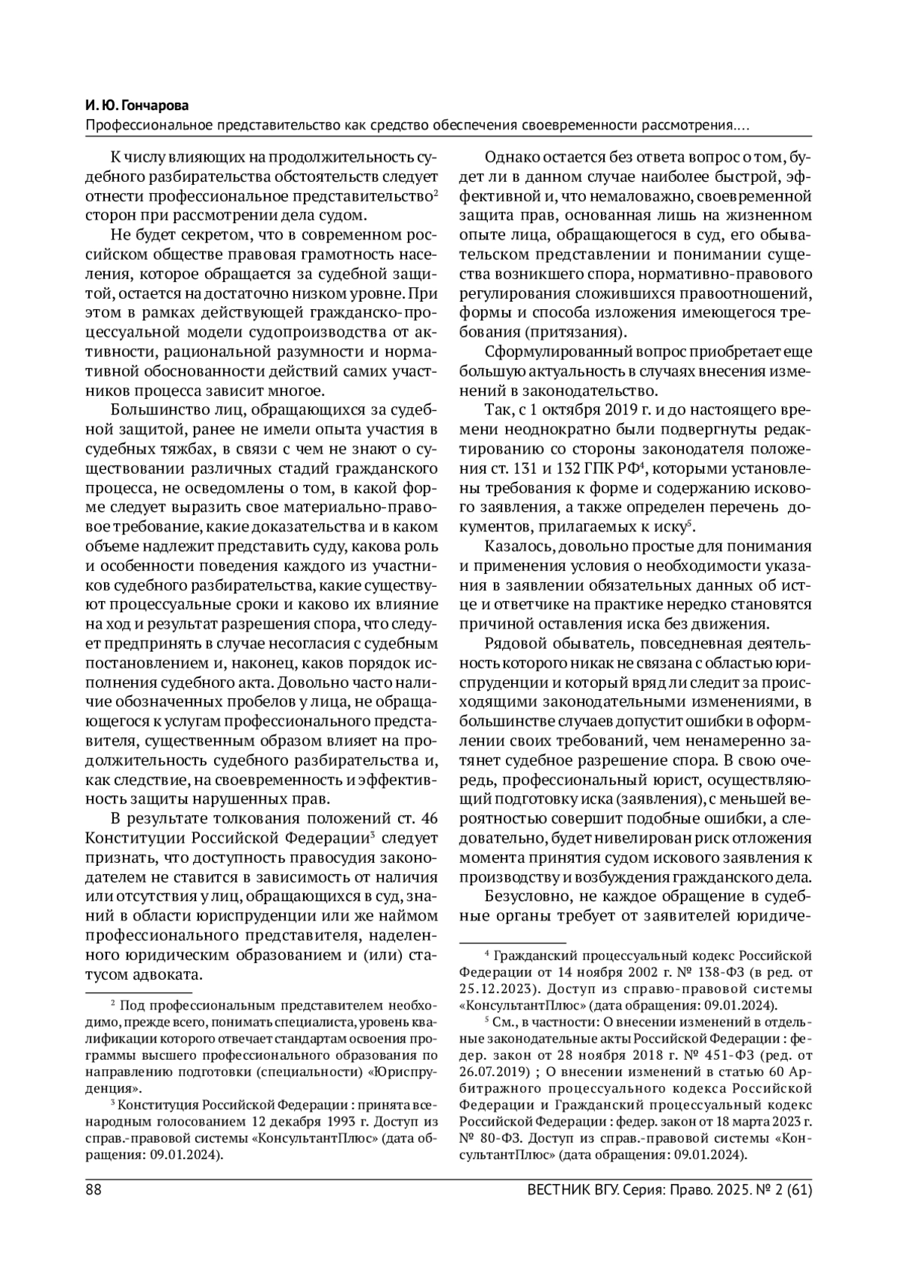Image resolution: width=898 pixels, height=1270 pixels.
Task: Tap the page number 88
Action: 94,1190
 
